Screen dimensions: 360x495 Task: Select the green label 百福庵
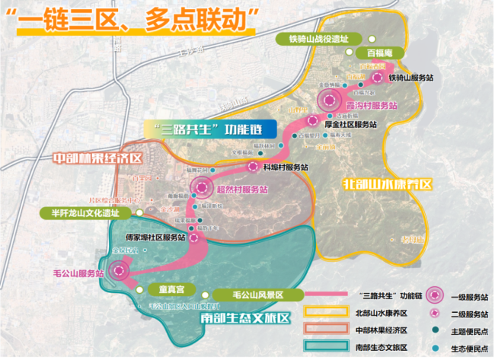click(379, 53)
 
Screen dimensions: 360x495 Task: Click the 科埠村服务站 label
click(285, 167)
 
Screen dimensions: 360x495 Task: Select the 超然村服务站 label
click(242, 190)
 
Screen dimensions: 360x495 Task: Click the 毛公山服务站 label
click(77, 272)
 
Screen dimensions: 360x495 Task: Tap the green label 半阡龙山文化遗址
click(85, 213)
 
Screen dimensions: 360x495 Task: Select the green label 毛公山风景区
click(257, 295)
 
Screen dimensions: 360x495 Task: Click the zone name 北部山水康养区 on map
click(387, 184)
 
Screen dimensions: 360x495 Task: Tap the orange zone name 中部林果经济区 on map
click(97, 159)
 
